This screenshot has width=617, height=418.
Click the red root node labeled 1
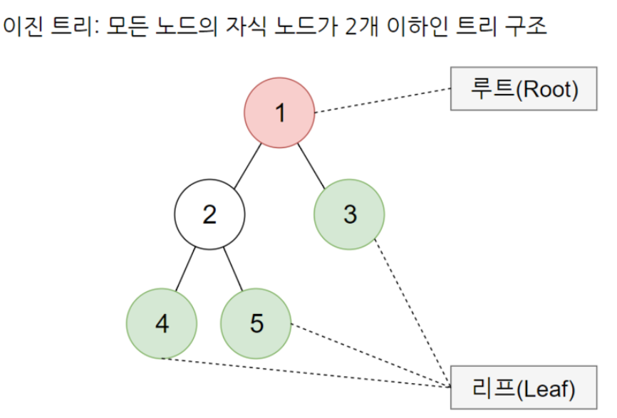point(279,113)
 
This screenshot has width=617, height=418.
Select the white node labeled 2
point(210,214)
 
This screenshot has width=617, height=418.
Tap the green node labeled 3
point(349,214)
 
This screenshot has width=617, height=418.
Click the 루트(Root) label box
point(523,89)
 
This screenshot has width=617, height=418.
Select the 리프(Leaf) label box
point(523,389)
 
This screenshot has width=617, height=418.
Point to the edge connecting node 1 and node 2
point(244,164)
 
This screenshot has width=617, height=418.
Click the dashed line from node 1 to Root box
point(383,100)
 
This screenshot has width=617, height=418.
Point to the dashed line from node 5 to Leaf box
point(370,357)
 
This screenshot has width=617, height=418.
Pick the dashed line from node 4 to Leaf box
point(306,372)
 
